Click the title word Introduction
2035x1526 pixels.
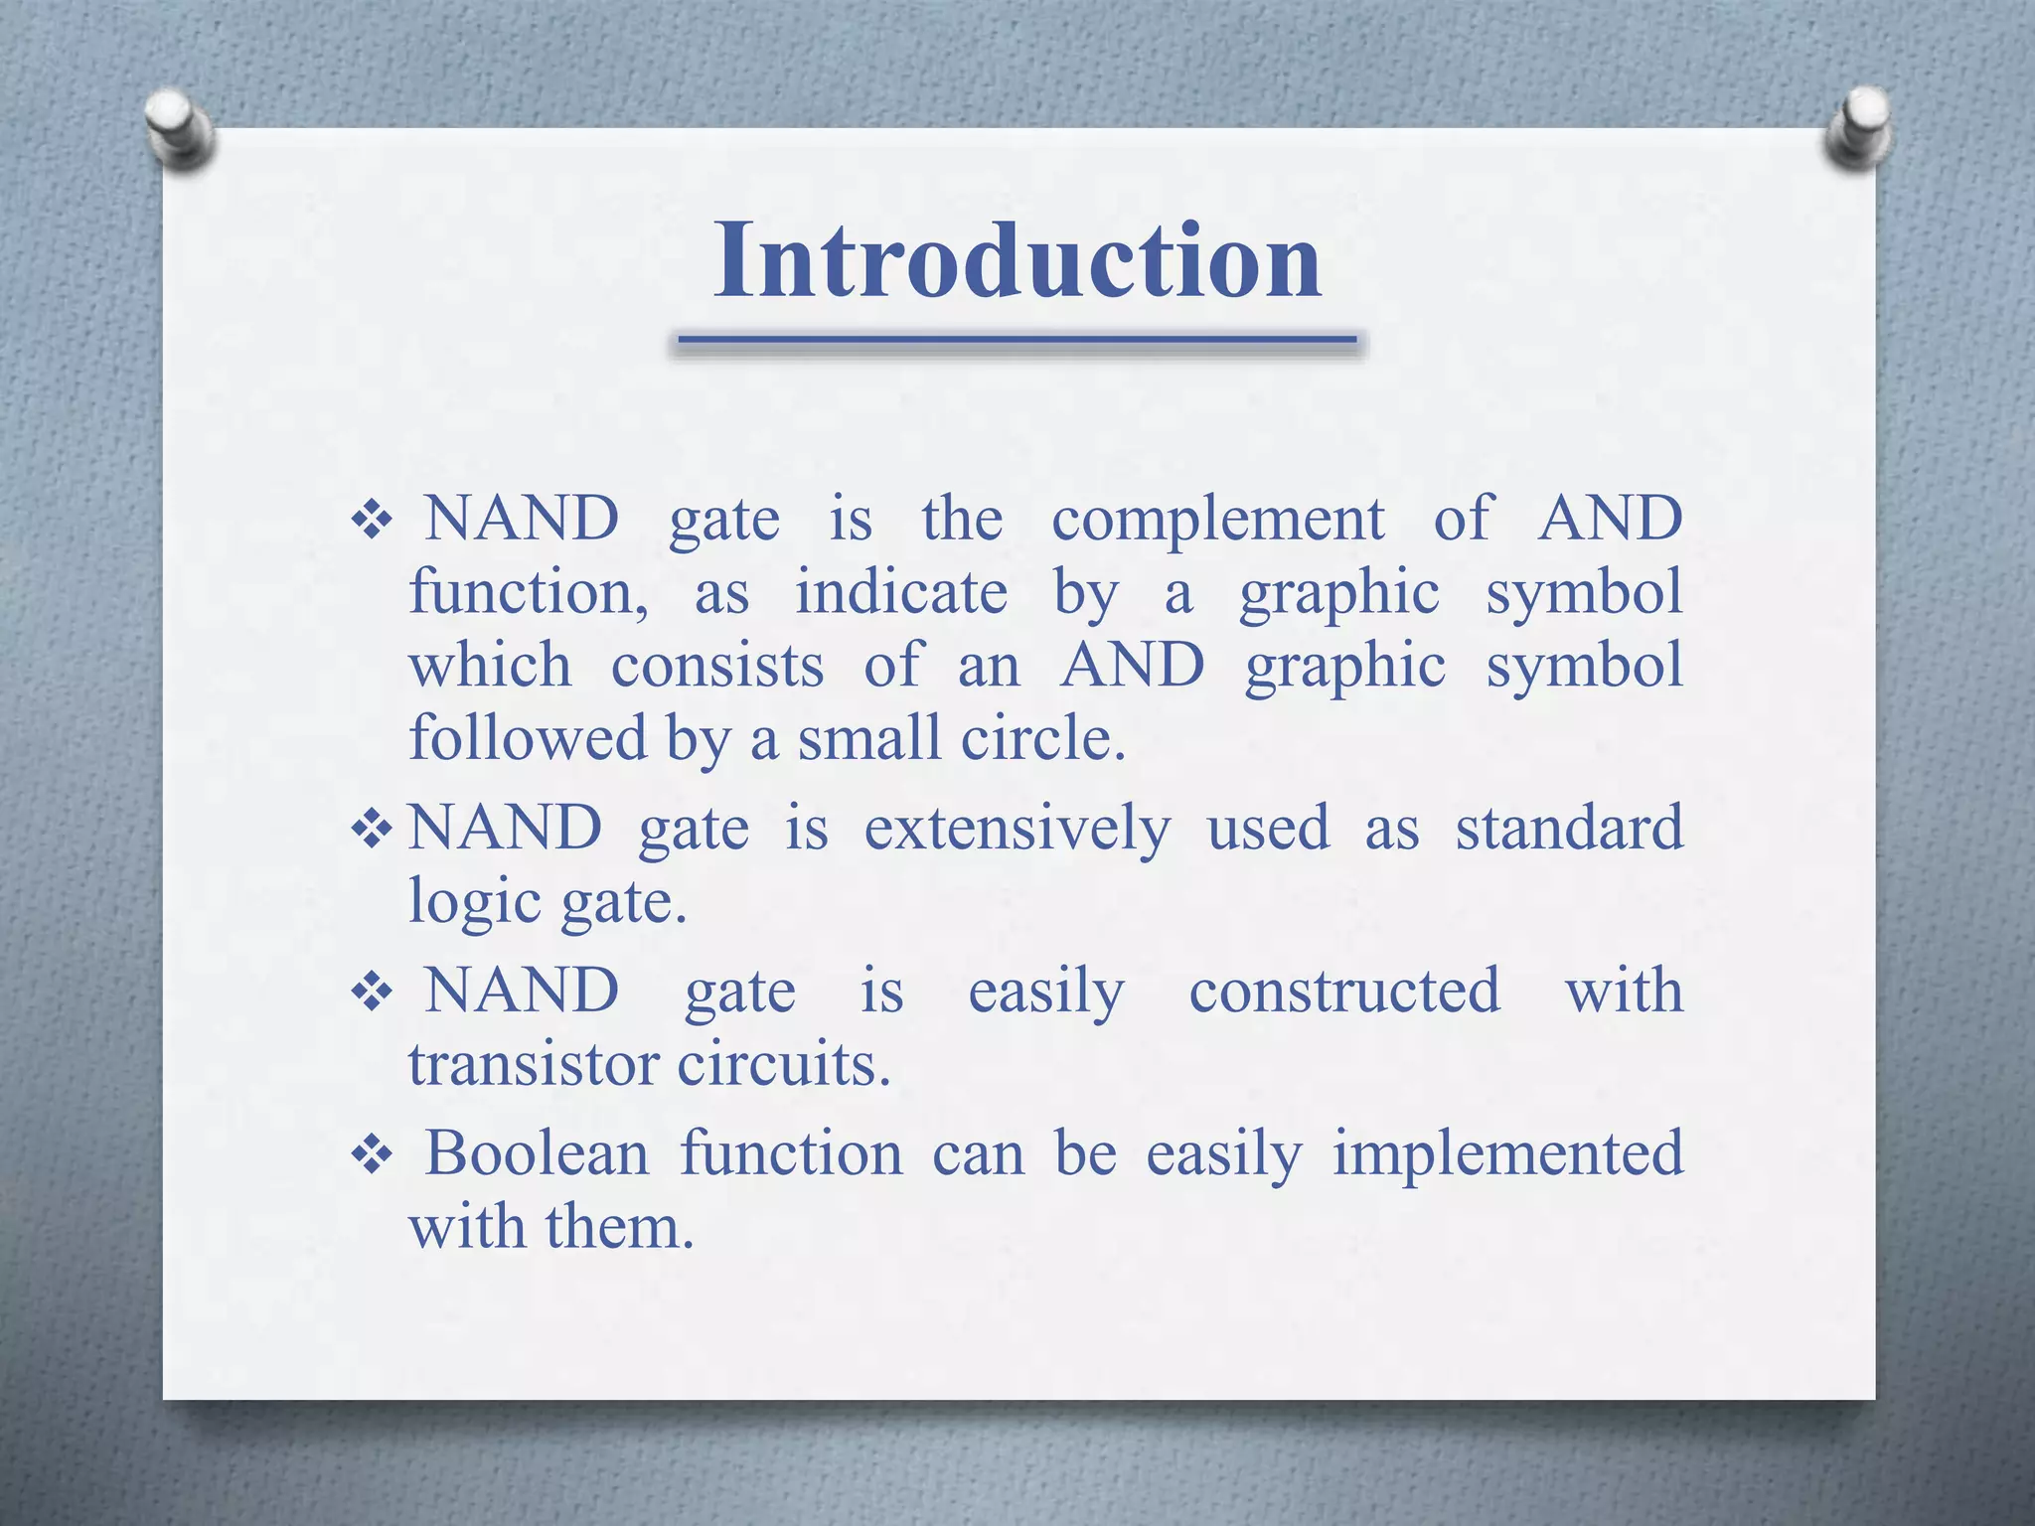coord(1017,260)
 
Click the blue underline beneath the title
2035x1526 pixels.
coord(1017,341)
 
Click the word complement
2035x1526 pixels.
coord(1217,520)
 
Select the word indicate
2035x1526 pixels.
coord(901,593)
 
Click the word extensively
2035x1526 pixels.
coord(1017,828)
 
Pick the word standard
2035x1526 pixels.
coord(1569,828)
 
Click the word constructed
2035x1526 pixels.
coord(1344,991)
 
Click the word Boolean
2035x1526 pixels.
coord(537,1153)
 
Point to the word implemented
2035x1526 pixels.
coord(1507,1153)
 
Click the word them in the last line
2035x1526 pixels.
coord(618,1227)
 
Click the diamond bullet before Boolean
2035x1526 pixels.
coord(373,1155)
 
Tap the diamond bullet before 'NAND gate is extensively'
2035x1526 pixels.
coord(373,829)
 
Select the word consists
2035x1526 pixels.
coord(716,666)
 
